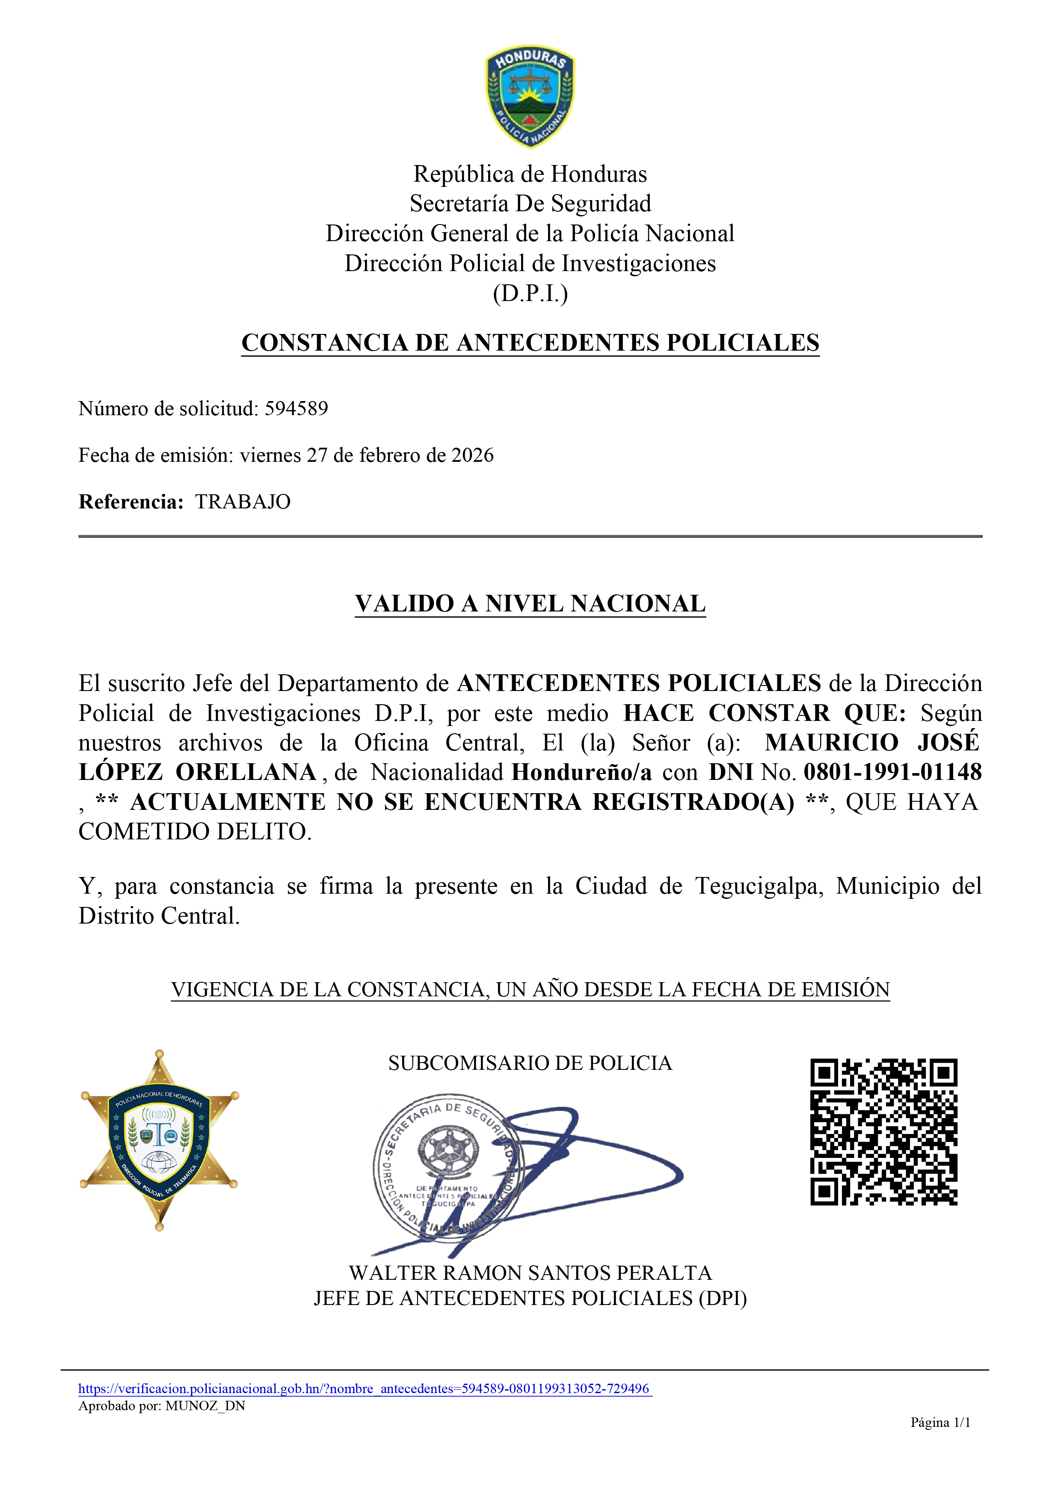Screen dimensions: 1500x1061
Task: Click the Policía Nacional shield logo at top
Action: coord(530,97)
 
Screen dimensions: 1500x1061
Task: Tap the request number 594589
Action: coord(296,409)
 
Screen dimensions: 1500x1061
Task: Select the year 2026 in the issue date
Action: coord(473,455)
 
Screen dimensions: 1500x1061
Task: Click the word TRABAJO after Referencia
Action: coord(243,502)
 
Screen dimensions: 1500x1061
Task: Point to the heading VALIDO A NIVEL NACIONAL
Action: coord(530,604)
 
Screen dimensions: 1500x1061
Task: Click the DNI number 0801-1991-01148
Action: coord(892,772)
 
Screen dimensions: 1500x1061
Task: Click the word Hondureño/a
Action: coord(581,772)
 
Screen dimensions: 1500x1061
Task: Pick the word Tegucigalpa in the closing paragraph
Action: coord(759,886)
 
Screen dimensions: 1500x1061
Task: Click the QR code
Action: coord(884,1132)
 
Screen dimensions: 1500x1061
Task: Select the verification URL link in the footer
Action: coord(365,1388)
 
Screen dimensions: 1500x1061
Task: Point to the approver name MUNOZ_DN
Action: coord(205,1406)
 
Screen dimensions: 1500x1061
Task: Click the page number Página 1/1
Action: coord(940,1422)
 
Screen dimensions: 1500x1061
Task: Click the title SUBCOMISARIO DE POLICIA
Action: coord(530,1063)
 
